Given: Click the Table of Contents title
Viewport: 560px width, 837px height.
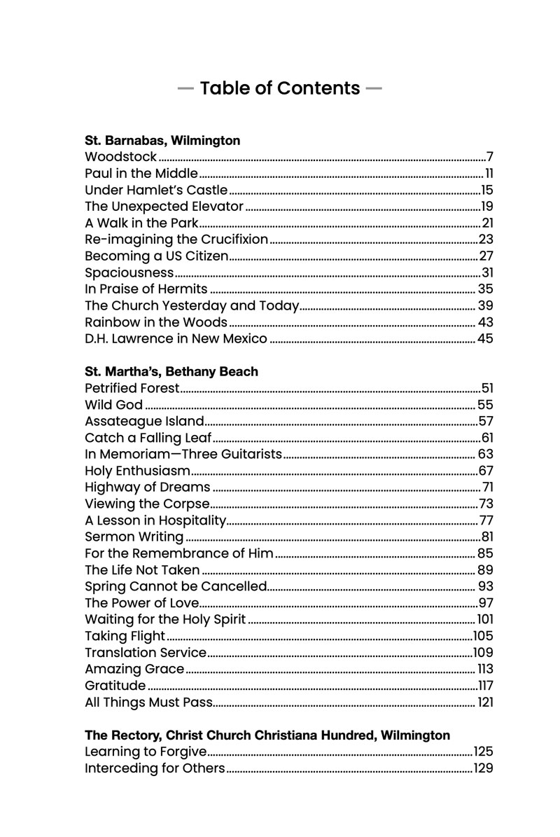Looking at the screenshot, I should (x=279, y=88).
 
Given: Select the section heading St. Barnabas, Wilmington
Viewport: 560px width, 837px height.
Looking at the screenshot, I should (x=162, y=141).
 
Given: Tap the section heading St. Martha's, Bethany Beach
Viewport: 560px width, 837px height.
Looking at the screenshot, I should (x=171, y=372).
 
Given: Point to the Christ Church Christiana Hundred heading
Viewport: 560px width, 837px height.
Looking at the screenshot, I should (x=267, y=735).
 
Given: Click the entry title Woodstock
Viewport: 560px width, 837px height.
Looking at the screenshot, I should (x=120, y=157).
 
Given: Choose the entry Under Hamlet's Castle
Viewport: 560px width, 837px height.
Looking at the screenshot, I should (x=156, y=190).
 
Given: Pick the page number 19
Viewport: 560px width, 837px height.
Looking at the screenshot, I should (x=487, y=207).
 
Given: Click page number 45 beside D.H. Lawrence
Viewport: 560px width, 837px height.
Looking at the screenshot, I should (x=485, y=339).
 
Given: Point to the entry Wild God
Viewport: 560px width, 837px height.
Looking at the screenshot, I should (x=113, y=405).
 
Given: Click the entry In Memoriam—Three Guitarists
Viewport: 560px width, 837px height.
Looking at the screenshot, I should (x=183, y=455).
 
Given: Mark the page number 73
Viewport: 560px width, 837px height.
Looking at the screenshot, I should (x=486, y=504).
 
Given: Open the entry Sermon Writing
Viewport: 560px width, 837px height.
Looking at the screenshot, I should (x=134, y=537).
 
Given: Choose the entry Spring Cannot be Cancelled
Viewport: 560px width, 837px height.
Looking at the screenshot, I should (x=176, y=586).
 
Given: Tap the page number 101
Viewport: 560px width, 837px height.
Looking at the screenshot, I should (x=485, y=619).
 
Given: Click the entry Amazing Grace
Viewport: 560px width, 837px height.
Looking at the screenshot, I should (x=134, y=669).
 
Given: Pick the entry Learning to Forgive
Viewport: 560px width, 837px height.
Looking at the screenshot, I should (x=146, y=752).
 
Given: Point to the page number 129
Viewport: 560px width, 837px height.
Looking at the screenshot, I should (x=484, y=769).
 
